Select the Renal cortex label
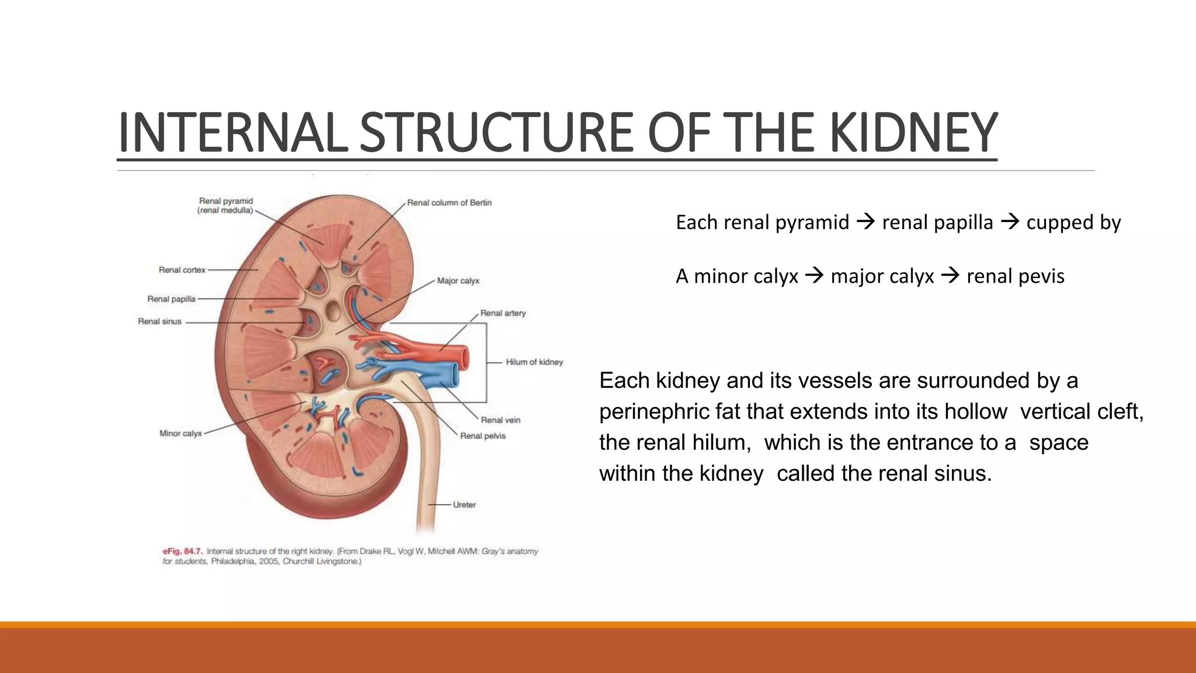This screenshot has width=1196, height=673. pos(182,270)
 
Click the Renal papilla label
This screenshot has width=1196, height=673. pos(171,299)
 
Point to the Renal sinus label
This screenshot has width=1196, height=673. pos(159,321)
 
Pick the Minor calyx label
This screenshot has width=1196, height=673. pos(180,433)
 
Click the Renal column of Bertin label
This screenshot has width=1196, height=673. pos(449,203)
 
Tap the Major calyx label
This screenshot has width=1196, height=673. pos(458,281)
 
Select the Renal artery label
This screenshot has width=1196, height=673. pos(503,313)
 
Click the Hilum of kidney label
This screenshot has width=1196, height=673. pos(534,362)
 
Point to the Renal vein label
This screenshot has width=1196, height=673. pos(500,420)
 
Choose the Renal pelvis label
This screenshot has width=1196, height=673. pos(482,436)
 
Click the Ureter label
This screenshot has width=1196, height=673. pos(464,505)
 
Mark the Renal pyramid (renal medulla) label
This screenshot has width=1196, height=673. pos(225,206)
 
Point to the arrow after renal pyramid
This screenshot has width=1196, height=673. pos(865,222)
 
